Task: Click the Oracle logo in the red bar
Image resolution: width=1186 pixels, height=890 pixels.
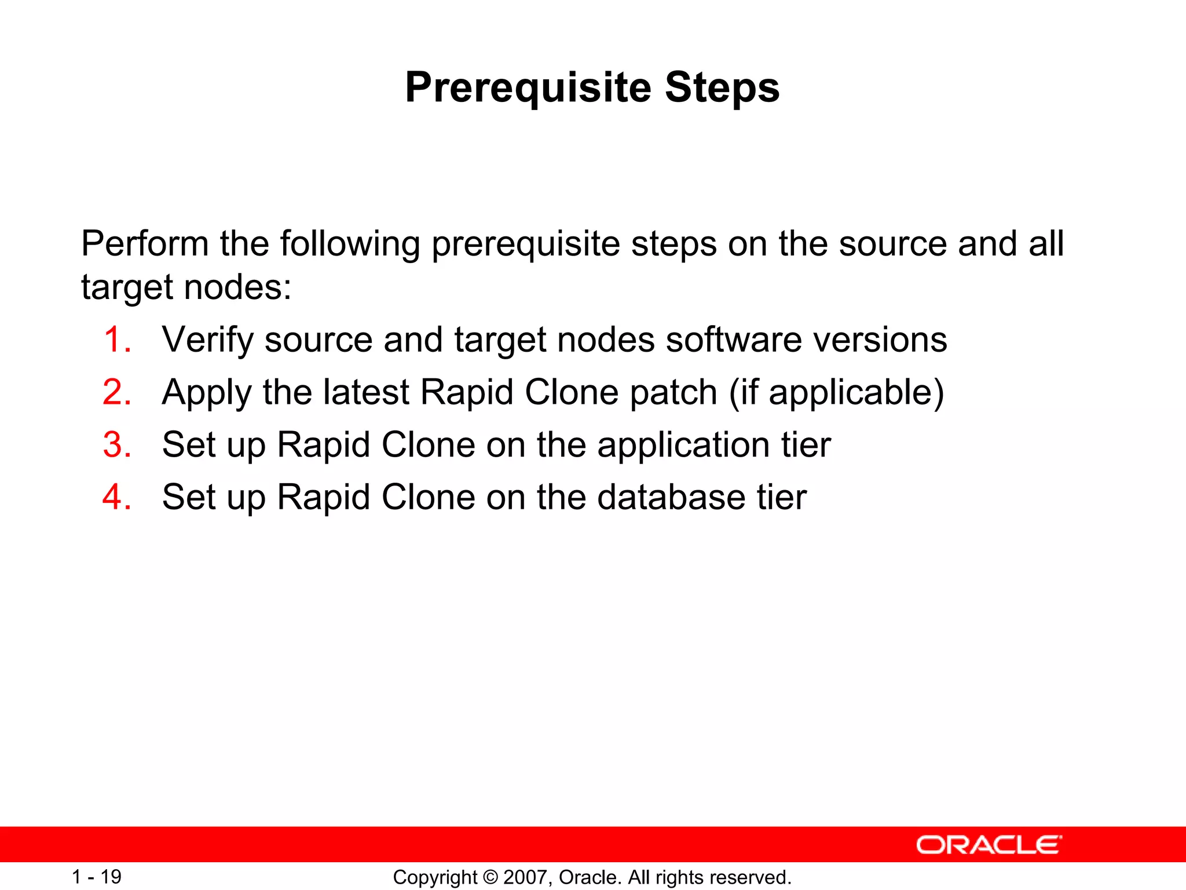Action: pyautogui.click(x=989, y=845)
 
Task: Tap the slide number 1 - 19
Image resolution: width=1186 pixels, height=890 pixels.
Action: pyautogui.click(x=96, y=877)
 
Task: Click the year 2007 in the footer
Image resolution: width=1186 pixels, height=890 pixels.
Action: pyautogui.click(x=526, y=877)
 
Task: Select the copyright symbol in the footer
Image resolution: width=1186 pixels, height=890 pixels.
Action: pyautogui.click(x=490, y=877)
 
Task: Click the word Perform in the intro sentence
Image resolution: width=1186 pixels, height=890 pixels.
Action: pyautogui.click(x=145, y=243)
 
